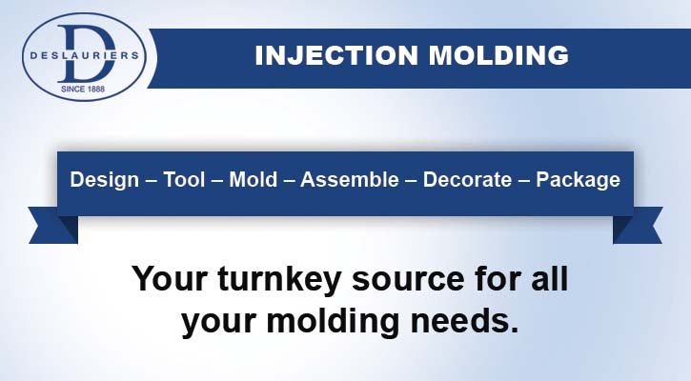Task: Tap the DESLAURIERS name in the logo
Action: pyautogui.click(x=84, y=56)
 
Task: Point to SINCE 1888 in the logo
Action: pyautogui.click(x=83, y=89)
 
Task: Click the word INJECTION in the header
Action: pyautogui.click(x=336, y=55)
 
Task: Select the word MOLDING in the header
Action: pyautogui.click(x=498, y=55)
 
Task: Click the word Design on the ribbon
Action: pyautogui.click(x=105, y=180)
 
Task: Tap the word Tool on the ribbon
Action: pyautogui.click(x=184, y=180)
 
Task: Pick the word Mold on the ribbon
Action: pyautogui.click(x=254, y=180)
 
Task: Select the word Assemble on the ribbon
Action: pyautogui.click(x=350, y=180)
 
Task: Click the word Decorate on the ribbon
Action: pyautogui.click(x=467, y=180)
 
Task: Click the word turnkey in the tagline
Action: pyautogui.click(x=279, y=281)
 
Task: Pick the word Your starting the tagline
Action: pyautogui.click(x=170, y=279)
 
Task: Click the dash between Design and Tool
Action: pyautogui.click(x=152, y=181)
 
